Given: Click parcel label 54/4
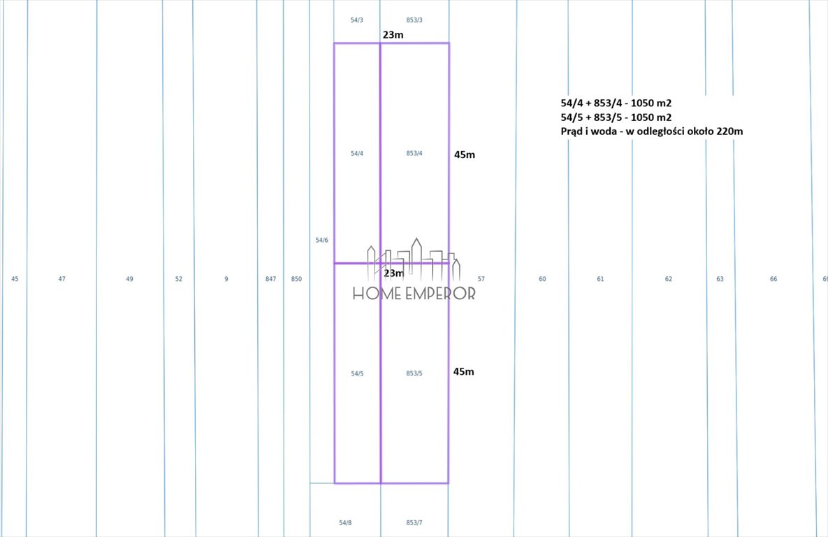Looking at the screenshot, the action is point(357,154).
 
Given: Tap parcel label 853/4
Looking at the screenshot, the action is point(414,153).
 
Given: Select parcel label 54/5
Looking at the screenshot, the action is point(357,373).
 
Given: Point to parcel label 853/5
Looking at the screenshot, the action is point(414,373).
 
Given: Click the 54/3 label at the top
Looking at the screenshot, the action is point(357,20).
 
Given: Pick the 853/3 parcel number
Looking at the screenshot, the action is point(414,20).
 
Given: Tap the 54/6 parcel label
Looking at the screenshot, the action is point(321,240).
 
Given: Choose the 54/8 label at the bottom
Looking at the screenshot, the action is point(345,523).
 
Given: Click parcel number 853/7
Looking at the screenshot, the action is point(414,523).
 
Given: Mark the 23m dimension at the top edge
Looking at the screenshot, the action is point(393,35).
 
